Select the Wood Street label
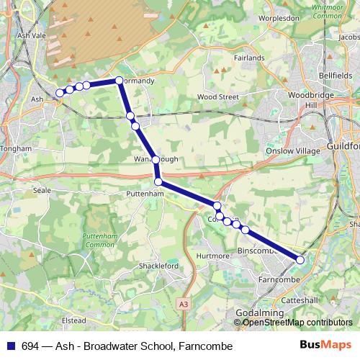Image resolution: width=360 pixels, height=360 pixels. (x=217, y=96)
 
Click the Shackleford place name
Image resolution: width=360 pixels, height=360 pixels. (x=158, y=266)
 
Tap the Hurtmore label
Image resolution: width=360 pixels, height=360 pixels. (x=212, y=256)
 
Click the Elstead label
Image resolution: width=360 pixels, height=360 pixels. (x=74, y=320)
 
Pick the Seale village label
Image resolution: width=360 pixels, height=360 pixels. (x=41, y=190)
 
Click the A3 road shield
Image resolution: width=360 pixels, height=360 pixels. (x=184, y=305)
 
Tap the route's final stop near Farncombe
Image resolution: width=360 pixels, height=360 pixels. (x=300, y=260)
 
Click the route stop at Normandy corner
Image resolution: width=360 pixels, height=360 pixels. (x=119, y=81)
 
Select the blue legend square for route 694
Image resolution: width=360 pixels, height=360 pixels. (x=10, y=346)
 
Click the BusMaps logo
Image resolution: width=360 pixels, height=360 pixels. (x=326, y=346)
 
